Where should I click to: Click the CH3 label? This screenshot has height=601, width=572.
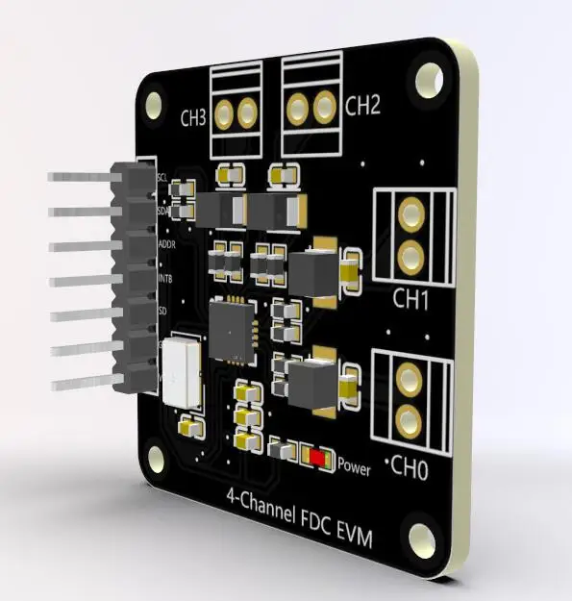193,119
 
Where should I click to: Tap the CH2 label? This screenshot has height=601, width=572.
362,105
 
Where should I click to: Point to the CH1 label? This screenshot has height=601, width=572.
410,300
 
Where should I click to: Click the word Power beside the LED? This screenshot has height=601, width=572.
354,468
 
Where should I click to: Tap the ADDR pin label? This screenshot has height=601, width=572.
165,244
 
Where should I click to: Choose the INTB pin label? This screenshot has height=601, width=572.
165,280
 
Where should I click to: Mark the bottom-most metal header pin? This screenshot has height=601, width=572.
82,384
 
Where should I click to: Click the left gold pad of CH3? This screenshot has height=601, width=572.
226,115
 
